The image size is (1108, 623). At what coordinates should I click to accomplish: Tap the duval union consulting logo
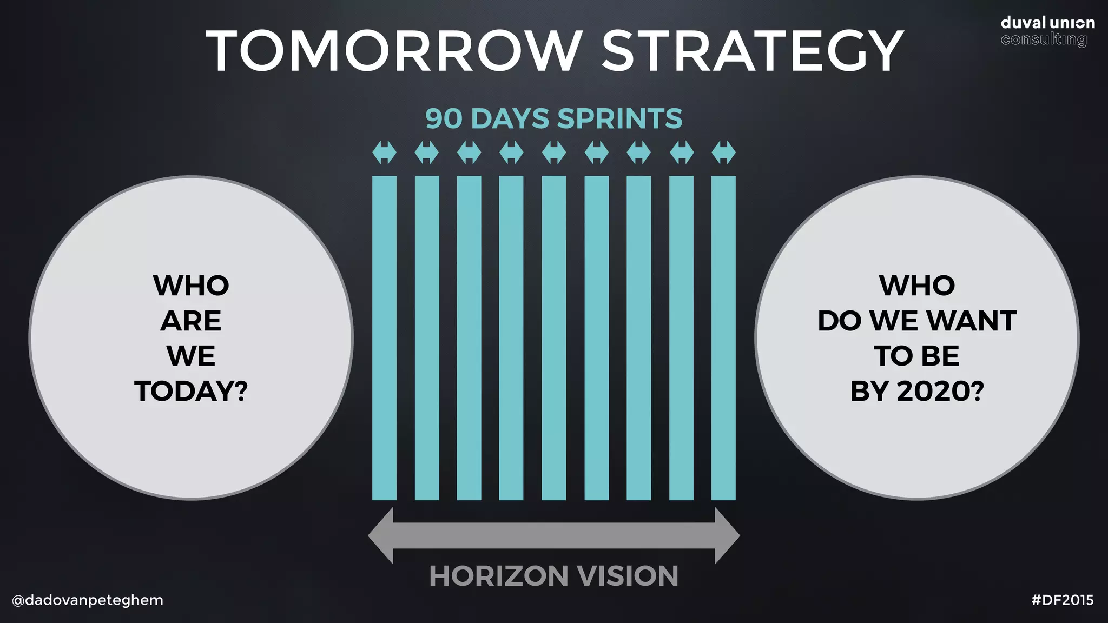pyautogui.click(x=1047, y=31)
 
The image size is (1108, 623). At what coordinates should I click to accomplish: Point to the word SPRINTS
pyautogui.click(x=620, y=118)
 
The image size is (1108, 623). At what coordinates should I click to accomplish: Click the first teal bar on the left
pyautogui.click(x=384, y=338)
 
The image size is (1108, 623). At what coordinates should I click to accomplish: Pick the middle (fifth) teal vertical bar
pyautogui.click(x=553, y=338)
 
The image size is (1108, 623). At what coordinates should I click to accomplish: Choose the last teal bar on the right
pyautogui.click(x=723, y=338)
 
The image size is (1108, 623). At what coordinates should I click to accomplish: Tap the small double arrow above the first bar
pyautogui.click(x=384, y=152)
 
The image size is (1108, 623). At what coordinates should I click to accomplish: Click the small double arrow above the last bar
pyautogui.click(x=723, y=152)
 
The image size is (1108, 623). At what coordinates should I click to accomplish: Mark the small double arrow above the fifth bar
pyautogui.click(x=553, y=152)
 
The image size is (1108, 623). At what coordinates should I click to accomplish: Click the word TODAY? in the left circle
pyautogui.click(x=191, y=391)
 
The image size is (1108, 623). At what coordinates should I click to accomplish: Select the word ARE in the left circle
pyautogui.click(x=191, y=321)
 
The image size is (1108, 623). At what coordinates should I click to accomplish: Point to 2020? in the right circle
pyautogui.click(x=940, y=391)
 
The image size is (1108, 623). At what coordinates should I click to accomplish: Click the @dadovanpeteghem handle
pyautogui.click(x=88, y=600)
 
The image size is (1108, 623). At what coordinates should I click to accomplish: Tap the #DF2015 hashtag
pyautogui.click(x=1063, y=600)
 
